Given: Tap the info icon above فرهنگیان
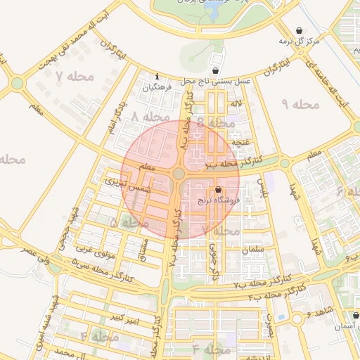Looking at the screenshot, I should tap(157, 77).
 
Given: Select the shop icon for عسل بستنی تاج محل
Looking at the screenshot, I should tap(214, 70).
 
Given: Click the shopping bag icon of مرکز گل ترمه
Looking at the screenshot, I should tap(301, 30).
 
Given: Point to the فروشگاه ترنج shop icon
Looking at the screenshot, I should tap(218, 190).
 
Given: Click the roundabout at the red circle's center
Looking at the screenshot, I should tap(179, 173).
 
